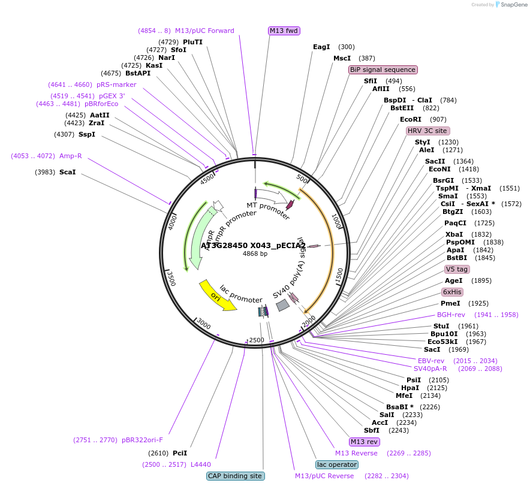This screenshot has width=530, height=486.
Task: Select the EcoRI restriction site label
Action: click(411, 119)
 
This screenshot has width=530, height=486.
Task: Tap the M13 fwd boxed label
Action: click(284, 31)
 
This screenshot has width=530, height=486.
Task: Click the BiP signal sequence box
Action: click(383, 70)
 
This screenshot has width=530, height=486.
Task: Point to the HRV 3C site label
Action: click(427, 131)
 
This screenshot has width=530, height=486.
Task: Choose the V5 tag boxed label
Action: click(457, 269)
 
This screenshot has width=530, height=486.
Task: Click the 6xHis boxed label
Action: click(452, 292)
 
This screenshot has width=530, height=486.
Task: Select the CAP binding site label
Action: click(235, 476)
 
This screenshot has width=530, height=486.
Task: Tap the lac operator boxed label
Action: click(336, 464)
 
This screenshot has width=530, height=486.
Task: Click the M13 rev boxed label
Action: click(364, 442)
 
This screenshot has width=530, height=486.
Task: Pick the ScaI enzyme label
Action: click(68, 172)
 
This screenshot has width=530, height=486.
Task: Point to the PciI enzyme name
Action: click(180, 453)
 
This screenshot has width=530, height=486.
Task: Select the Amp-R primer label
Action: click(70, 156)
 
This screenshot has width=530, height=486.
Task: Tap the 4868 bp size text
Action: click(255, 253)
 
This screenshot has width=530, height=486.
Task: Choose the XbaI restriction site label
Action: click(454, 234)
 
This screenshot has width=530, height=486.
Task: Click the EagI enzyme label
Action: click(321, 47)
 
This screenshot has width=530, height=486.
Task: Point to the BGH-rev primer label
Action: click(451, 315)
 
